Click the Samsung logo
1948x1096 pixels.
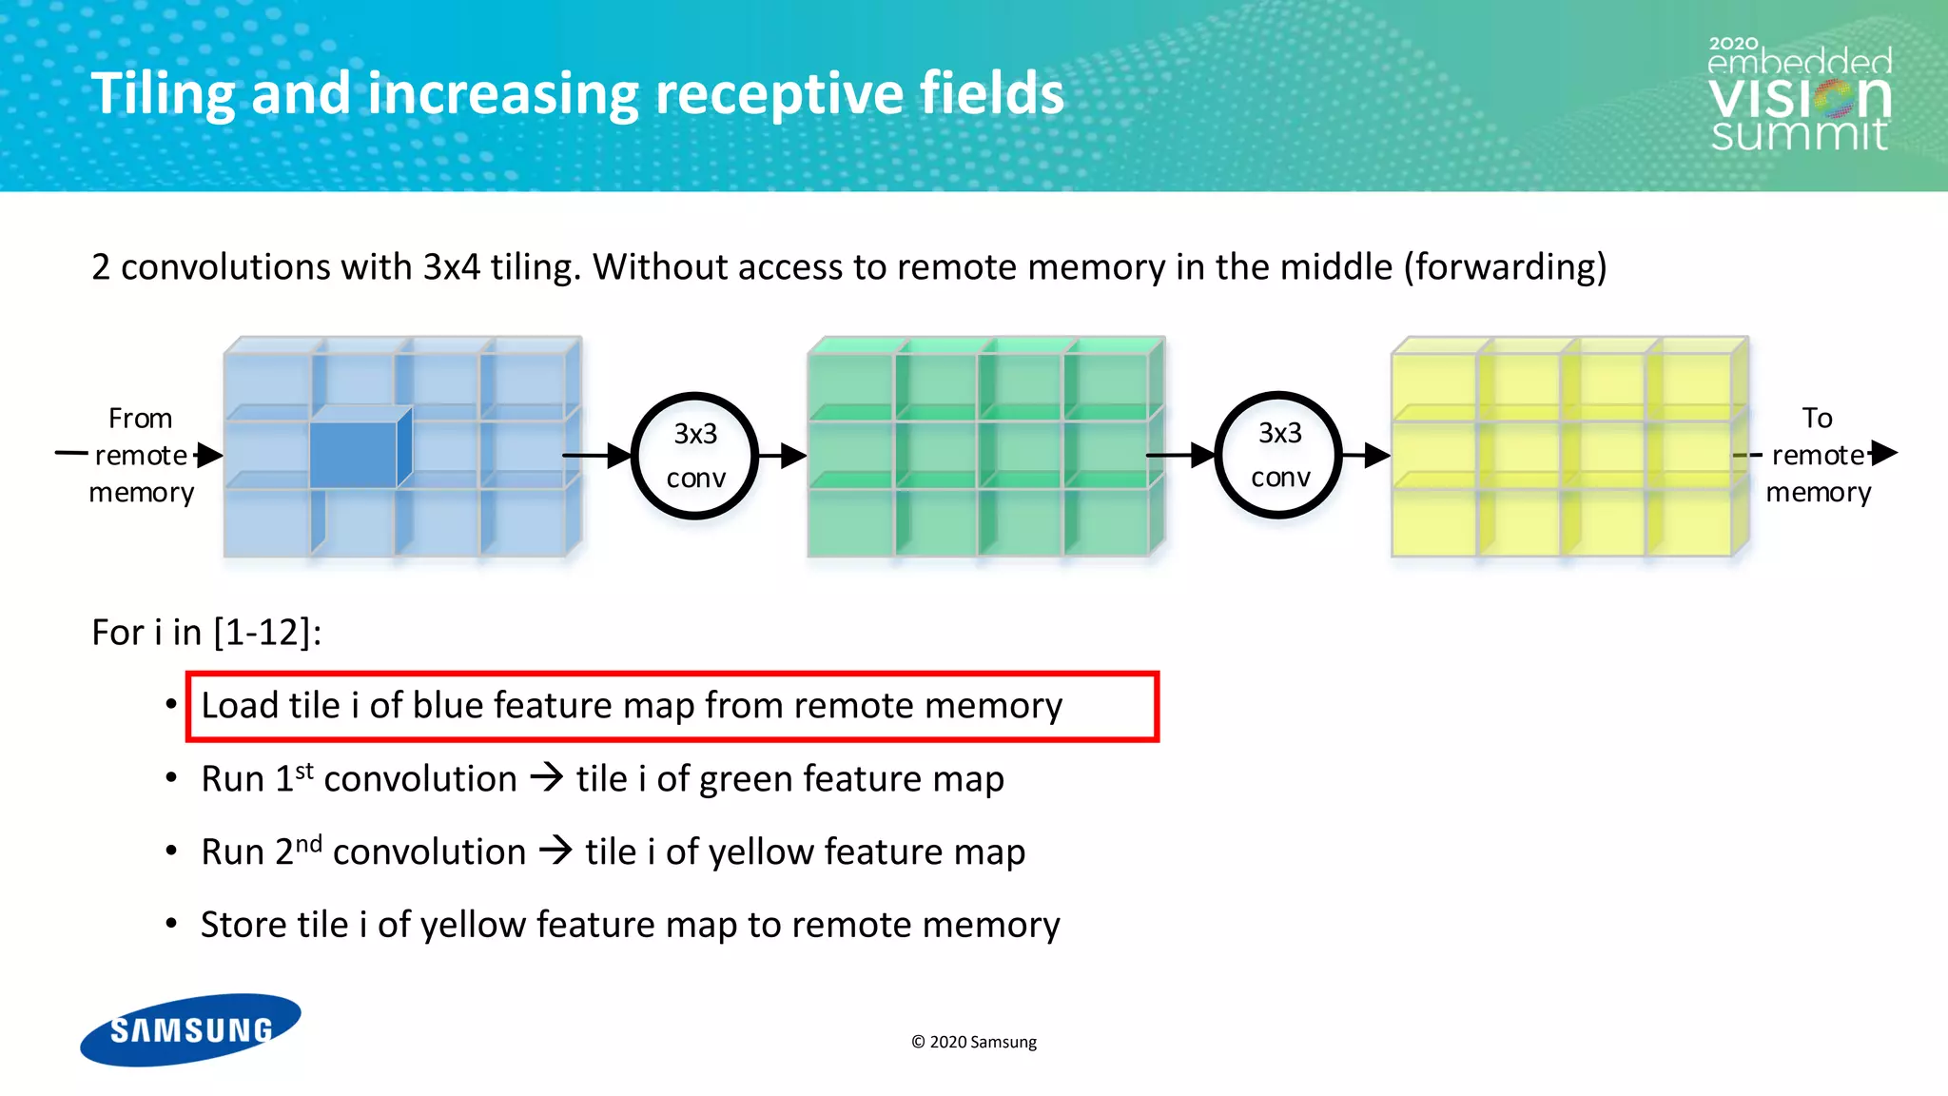190,1029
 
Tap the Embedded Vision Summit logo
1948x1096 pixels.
1799,96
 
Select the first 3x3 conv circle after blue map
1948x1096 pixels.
695,456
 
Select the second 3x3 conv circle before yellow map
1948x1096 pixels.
1279,455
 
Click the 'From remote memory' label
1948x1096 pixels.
141,455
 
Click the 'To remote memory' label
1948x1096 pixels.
1818,455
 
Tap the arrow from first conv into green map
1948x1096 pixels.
782,456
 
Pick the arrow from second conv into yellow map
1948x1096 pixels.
1366,455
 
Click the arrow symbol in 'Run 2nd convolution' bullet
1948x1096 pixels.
555,850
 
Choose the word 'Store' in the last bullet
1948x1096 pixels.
243,925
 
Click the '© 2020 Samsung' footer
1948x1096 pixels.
974,1042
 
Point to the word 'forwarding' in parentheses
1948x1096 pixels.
1505,267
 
